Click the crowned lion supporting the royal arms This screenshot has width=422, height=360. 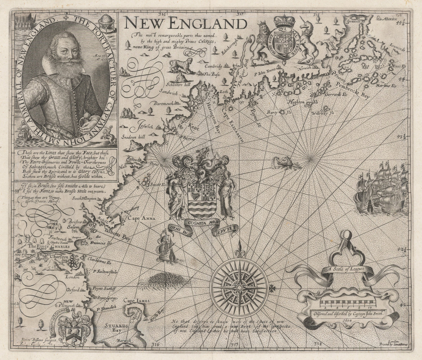pos(262,39)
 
